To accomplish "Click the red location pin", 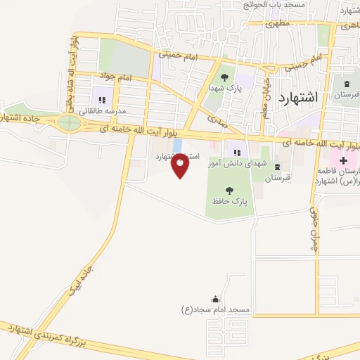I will (x=181, y=167).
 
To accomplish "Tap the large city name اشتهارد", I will (x=298, y=97).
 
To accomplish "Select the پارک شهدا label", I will (x=224, y=89).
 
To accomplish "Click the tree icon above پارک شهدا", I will (x=224, y=77).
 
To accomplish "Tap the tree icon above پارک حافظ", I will (x=229, y=190).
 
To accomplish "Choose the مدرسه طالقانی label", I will (x=102, y=110).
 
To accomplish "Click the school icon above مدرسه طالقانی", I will (x=101, y=99).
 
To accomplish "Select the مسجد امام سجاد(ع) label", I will (x=215, y=310).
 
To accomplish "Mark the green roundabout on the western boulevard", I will (x=69, y=123).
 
